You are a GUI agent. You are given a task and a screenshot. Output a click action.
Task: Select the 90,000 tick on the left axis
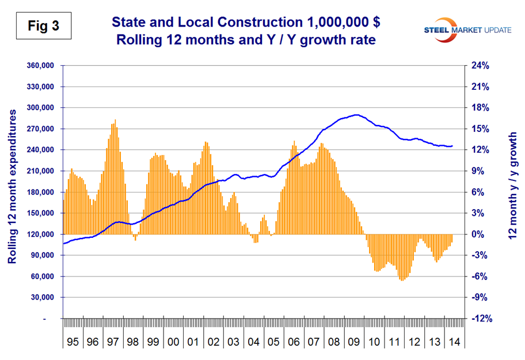[x=41, y=255]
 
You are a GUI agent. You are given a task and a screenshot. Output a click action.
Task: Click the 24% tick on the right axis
[x=480, y=66]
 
